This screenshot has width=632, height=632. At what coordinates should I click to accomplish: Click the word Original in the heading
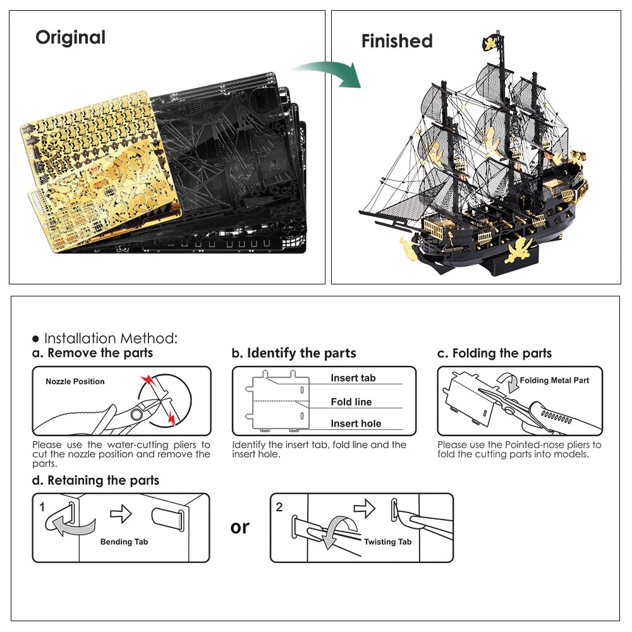(x=70, y=37)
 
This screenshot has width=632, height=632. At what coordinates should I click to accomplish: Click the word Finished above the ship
(x=397, y=41)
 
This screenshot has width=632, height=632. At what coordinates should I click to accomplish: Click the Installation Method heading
(x=105, y=338)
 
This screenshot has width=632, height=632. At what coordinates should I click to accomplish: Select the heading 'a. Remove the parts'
(x=92, y=353)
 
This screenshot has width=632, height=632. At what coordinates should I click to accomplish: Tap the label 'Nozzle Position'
(x=75, y=382)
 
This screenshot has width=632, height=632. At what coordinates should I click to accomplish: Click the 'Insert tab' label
(x=353, y=378)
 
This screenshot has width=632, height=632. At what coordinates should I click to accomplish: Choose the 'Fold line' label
(x=351, y=402)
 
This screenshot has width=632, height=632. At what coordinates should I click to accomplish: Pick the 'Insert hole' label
(x=356, y=423)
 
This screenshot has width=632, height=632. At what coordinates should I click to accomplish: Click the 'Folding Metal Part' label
(x=554, y=380)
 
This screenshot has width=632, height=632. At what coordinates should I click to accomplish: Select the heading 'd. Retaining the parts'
(x=95, y=480)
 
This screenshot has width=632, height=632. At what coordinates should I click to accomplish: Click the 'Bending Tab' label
(x=124, y=542)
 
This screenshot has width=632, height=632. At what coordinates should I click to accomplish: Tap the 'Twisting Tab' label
(x=387, y=542)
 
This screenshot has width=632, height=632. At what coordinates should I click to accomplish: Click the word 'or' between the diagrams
(x=240, y=526)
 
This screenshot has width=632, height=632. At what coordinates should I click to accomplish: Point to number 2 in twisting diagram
(x=279, y=507)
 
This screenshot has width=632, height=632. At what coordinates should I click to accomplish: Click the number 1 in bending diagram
(x=42, y=507)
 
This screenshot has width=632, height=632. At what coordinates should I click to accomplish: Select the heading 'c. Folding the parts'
(x=494, y=353)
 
